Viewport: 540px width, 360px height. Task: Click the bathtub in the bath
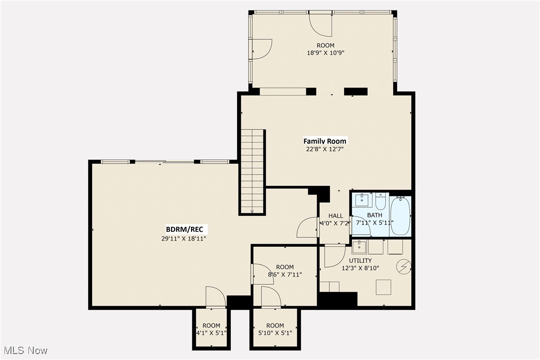(x=401, y=217)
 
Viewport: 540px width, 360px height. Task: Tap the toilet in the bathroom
(x=380, y=201)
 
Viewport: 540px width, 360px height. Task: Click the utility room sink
(x=359, y=247)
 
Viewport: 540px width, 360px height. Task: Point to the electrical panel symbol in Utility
(x=403, y=268)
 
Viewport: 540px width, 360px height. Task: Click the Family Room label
(x=325, y=141)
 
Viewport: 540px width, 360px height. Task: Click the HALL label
(x=336, y=216)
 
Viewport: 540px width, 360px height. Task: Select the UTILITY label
(x=360, y=261)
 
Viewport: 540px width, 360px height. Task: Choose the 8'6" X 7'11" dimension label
(x=285, y=274)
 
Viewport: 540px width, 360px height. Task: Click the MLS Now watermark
(x=24, y=351)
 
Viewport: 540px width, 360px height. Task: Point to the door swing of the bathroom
(x=360, y=226)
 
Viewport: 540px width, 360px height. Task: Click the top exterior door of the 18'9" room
(x=321, y=23)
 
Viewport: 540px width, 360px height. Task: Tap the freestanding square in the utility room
(x=383, y=287)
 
